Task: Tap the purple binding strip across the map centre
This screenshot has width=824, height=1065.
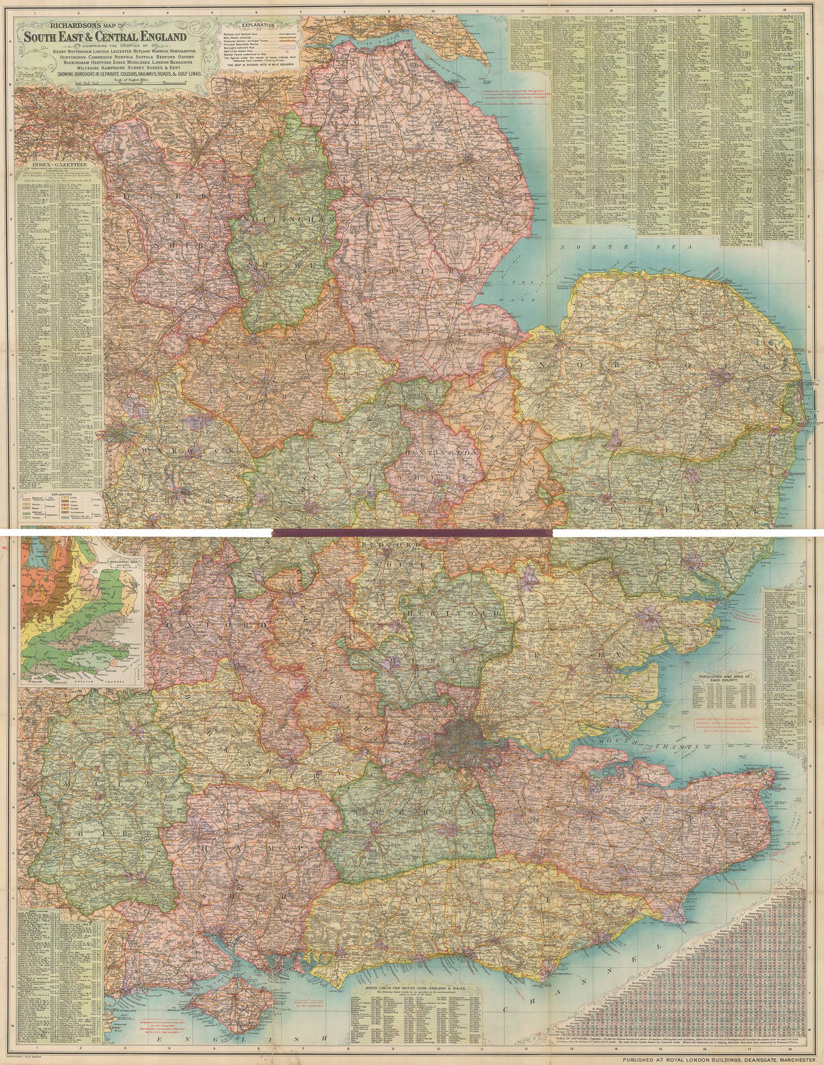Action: click(x=413, y=532)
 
